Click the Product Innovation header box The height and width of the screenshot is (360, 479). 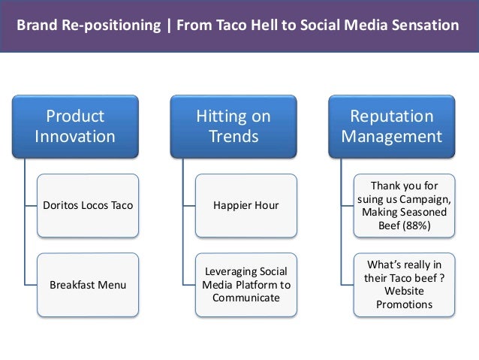pos(75,126)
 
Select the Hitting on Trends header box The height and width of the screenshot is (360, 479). pos(233,126)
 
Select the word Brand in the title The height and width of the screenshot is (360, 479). pos(36,26)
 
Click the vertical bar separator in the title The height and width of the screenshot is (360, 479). pos(167,26)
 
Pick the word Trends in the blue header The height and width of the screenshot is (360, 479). pos(233,137)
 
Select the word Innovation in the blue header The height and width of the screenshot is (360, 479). pos(75,137)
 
